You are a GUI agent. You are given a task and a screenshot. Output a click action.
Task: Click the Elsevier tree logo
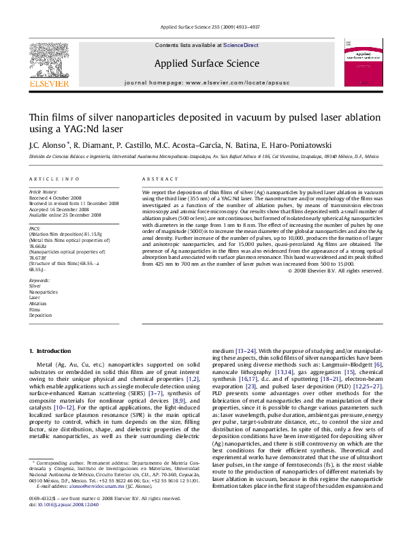click(x=49, y=61)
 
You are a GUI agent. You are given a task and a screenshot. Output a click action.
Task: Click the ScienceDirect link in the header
click(x=241, y=46)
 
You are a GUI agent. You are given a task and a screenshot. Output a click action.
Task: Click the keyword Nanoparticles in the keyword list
click(x=42, y=292)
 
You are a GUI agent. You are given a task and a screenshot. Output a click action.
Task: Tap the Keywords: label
click(x=39, y=280)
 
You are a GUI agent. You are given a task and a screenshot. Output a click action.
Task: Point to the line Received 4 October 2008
click(x=58, y=198)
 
